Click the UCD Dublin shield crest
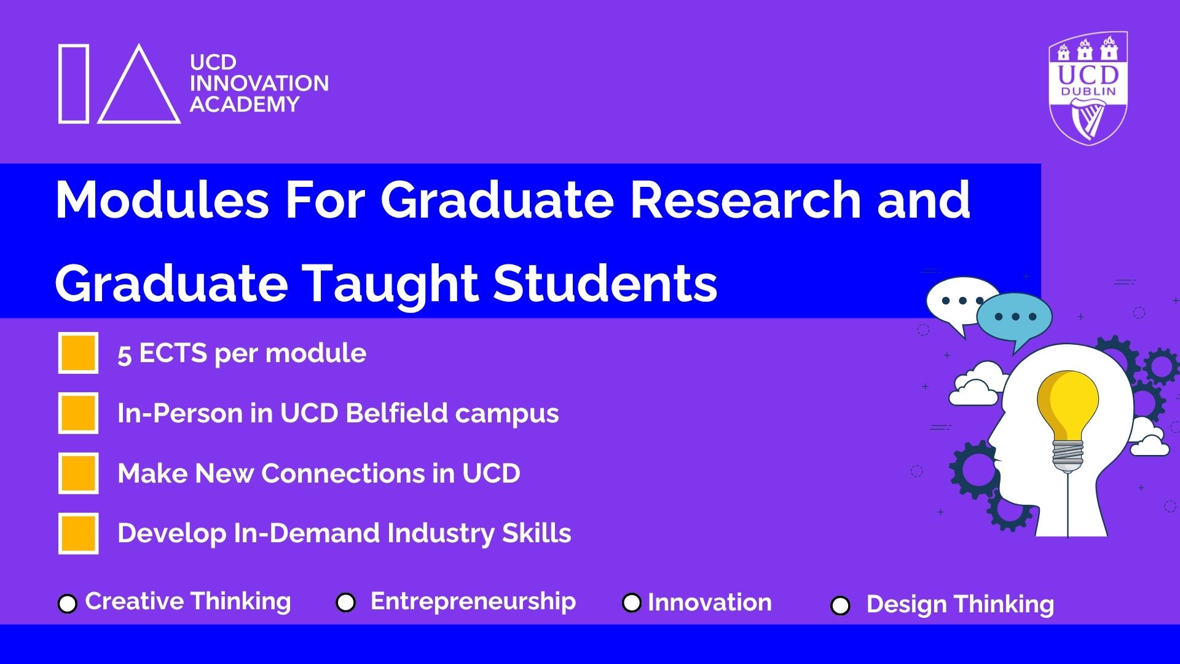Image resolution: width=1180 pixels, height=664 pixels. click(x=1088, y=88)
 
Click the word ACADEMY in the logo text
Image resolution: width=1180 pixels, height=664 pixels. click(x=245, y=105)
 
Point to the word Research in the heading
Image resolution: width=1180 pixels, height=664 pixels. click(x=745, y=200)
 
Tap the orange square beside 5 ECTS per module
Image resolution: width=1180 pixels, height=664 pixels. click(x=78, y=353)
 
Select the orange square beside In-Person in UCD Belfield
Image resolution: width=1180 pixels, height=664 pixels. click(x=78, y=413)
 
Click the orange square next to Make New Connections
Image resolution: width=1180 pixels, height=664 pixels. click(x=78, y=473)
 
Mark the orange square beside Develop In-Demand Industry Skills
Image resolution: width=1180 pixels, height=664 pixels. click(x=78, y=533)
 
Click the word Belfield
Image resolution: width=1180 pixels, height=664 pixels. click(x=396, y=413)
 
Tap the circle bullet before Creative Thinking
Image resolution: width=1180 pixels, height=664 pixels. click(x=68, y=604)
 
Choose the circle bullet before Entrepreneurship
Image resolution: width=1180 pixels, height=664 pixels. click(x=346, y=603)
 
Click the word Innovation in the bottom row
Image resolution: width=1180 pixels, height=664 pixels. click(x=710, y=603)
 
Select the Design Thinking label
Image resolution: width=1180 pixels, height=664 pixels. click(x=960, y=604)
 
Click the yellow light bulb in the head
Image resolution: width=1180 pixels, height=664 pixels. click(x=1068, y=418)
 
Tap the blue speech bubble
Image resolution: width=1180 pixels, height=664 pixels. click(x=1015, y=320)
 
